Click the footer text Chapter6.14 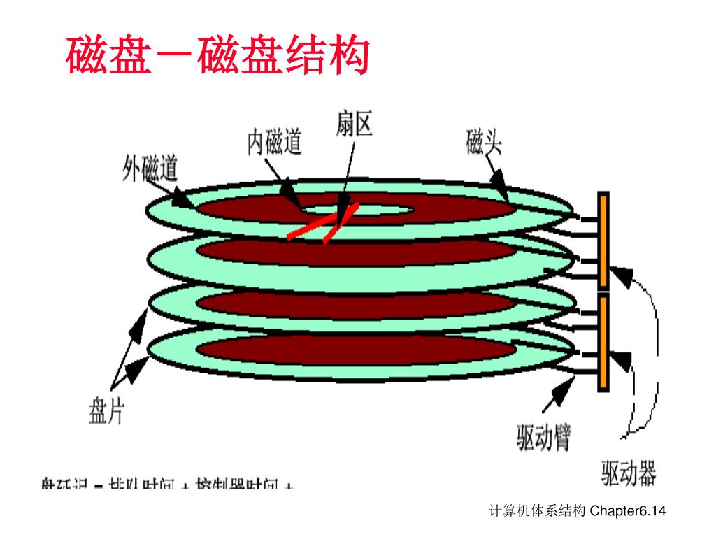628,512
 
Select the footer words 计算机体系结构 538,512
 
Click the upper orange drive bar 603,241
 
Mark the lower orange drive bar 603,343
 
